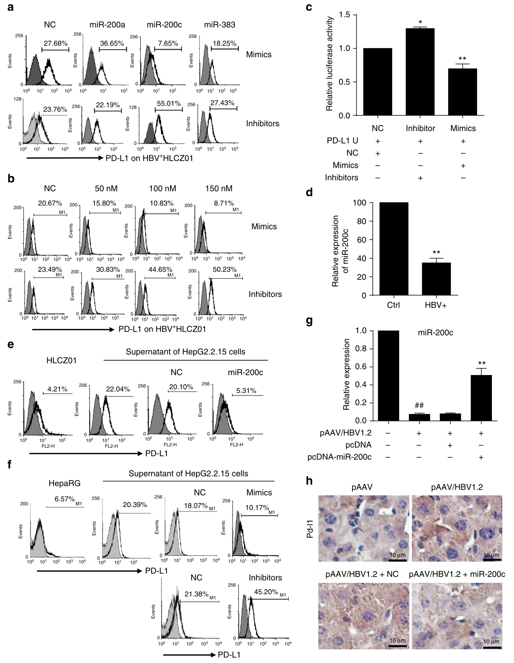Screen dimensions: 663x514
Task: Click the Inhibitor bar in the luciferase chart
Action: click(x=420, y=72)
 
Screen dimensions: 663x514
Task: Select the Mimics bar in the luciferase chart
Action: click(x=463, y=92)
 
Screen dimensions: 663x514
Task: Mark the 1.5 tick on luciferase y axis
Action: click(x=344, y=15)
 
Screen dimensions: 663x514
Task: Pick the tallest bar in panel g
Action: click(x=388, y=376)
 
